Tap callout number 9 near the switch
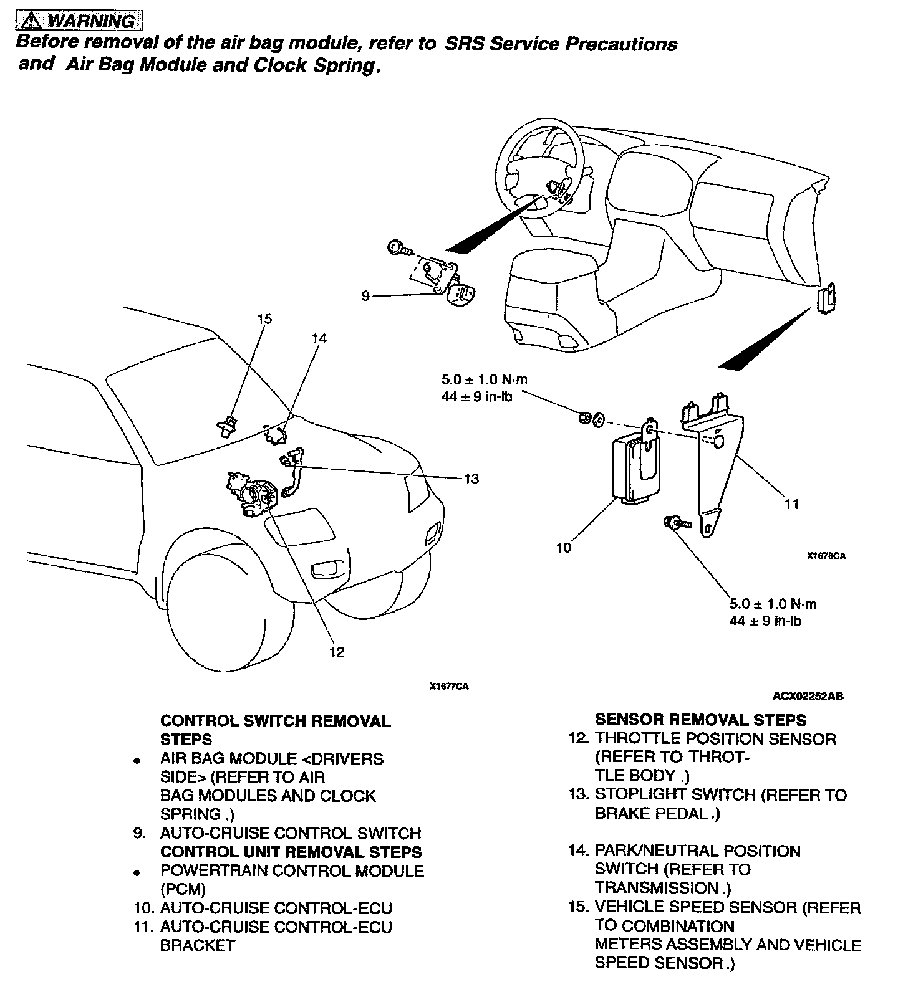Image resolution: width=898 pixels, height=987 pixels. pyautogui.click(x=366, y=297)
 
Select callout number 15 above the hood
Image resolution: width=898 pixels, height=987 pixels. pyautogui.click(x=264, y=320)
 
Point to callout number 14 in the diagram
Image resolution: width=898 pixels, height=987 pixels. pyautogui.click(x=319, y=339)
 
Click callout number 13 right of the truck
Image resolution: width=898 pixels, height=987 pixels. pyautogui.click(x=471, y=479)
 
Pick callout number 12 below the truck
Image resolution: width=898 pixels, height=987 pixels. pyautogui.click(x=337, y=652)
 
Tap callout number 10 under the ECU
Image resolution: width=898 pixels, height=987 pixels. pyautogui.click(x=564, y=548)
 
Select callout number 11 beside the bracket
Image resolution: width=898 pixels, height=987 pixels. pyautogui.click(x=792, y=504)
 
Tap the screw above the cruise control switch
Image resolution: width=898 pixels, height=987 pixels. pyautogui.click(x=397, y=249)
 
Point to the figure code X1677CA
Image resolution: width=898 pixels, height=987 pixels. pyautogui.click(x=449, y=687)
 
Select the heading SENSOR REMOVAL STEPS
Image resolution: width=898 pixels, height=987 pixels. pyautogui.click(x=700, y=720)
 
